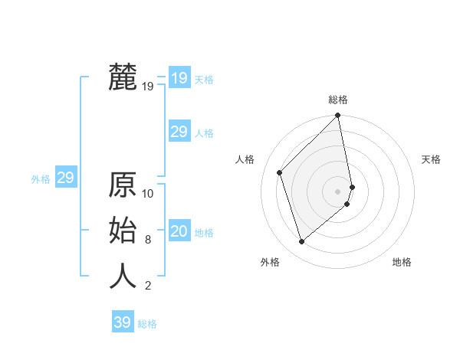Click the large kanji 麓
pos(123,78)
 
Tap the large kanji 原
pos(123,186)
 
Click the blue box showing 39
pos(123,322)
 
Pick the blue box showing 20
pos(179,232)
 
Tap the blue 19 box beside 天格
pos(179,78)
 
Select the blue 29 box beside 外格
pos(65,178)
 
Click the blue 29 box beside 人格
pos(179,132)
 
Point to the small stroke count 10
pos(148,194)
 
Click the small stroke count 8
pos(147,240)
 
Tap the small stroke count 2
pos(147,286)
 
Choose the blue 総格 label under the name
pos(147,324)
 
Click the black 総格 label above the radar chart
pos(338,100)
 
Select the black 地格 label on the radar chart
pos(402,263)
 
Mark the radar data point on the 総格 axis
pos(338,116)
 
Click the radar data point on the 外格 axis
pos(302,242)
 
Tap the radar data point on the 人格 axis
pos(280,172)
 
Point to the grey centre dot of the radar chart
pos(338,191)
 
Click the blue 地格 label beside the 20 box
pos(204,233)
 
